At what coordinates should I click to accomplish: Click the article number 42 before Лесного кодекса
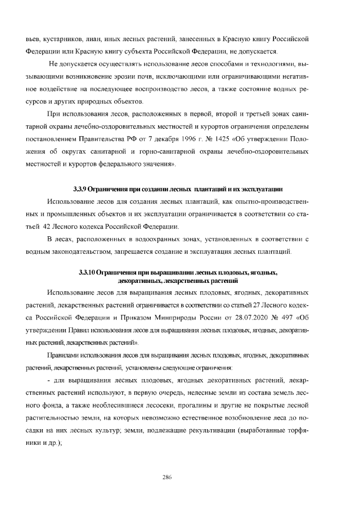[x=48, y=227]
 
